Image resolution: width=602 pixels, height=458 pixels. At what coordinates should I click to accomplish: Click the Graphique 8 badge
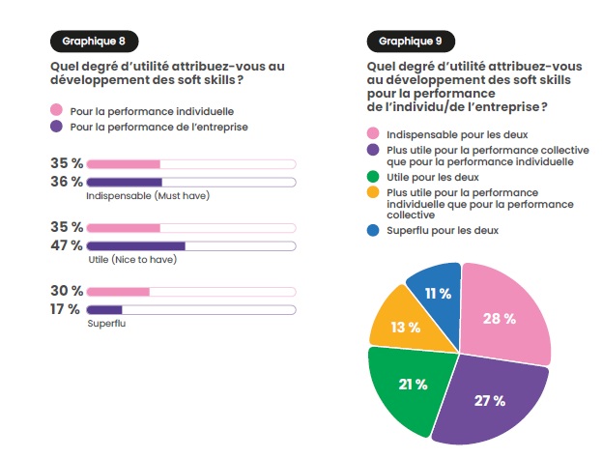click(x=94, y=42)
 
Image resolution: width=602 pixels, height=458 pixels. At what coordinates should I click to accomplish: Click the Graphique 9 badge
click(x=411, y=42)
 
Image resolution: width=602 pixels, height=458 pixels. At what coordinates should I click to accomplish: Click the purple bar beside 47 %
click(x=135, y=245)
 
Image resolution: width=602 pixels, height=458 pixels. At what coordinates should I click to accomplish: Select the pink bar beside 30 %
click(x=118, y=292)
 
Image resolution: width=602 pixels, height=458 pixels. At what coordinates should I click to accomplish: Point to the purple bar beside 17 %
click(x=104, y=309)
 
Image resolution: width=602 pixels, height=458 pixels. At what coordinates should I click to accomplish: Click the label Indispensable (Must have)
click(x=148, y=196)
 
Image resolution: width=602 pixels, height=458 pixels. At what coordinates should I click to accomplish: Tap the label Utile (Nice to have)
click(x=131, y=260)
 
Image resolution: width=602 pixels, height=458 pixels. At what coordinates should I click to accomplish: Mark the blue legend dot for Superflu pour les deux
click(x=373, y=231)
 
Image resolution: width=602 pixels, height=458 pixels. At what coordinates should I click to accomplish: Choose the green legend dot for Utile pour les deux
click(x=373, y=179)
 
